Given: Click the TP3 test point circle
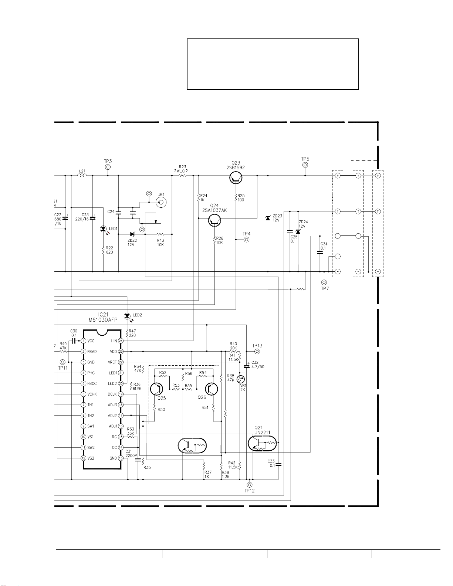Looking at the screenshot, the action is click(108, 167).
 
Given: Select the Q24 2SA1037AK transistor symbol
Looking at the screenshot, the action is click(214, 221).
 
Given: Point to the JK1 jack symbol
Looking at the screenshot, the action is click(161, 202).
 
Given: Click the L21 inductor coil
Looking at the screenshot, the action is click(82, 176).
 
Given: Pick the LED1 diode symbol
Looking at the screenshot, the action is click(103, 229).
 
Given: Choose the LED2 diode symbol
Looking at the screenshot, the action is click(127, 316).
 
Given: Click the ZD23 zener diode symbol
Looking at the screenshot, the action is click(268, 218).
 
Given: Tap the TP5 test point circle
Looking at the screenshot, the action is click(305, 165).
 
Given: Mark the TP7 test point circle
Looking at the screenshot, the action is click(324, 282).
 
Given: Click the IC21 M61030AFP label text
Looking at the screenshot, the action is click(103, 317).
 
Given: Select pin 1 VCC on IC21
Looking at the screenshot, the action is click(84, 341).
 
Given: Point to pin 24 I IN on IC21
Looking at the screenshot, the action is click(121, 341).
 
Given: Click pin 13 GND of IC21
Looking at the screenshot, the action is click(121, 458).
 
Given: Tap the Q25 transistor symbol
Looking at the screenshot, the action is click(157, 389).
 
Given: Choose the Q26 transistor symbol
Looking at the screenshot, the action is click(212, 389).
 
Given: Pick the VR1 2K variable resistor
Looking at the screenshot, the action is click(241, 379).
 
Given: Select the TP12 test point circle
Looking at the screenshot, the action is click(250, 485).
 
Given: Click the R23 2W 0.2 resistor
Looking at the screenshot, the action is click(183, 176).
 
